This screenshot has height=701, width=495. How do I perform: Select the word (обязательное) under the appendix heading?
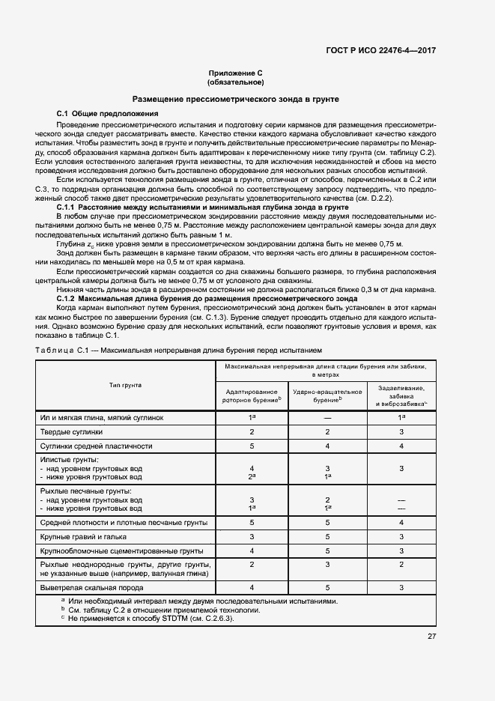tap(235, 82)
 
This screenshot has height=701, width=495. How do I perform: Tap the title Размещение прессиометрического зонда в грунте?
tap(235, 98)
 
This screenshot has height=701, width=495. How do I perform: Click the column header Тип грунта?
tap(125, 385)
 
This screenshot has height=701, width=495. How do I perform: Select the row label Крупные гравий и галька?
tap(83, 537)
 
